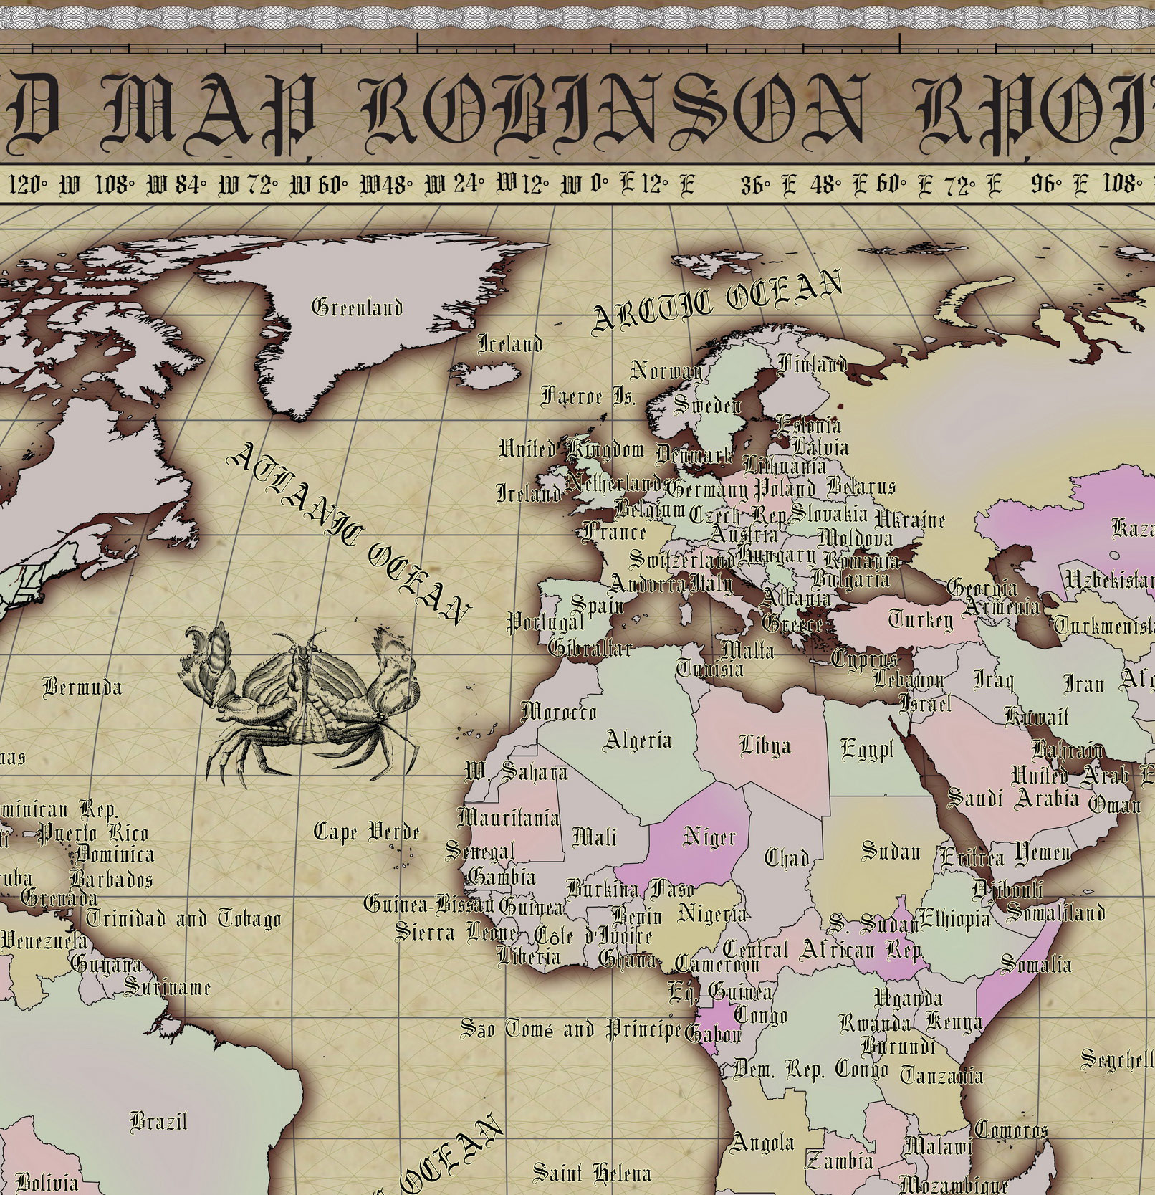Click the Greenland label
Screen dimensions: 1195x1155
click(x=357, y=308)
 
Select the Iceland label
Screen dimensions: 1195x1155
click(x=509, y=344)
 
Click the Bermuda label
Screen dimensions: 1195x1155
click(x=82, y=687)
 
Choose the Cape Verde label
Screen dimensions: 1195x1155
click(x=367, y=832)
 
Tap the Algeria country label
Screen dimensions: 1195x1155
click(x=638, y=740)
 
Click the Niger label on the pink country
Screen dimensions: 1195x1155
click(x=709, y=837)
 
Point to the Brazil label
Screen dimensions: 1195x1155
click(x=158, y=1120)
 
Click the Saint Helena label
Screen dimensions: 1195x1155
click(x=592, y=1173)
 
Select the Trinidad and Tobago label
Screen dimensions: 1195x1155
click(x=183, y=918)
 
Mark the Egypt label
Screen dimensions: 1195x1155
click(x=867, y=750)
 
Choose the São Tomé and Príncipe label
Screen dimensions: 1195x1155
click(x=570, y=1030)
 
